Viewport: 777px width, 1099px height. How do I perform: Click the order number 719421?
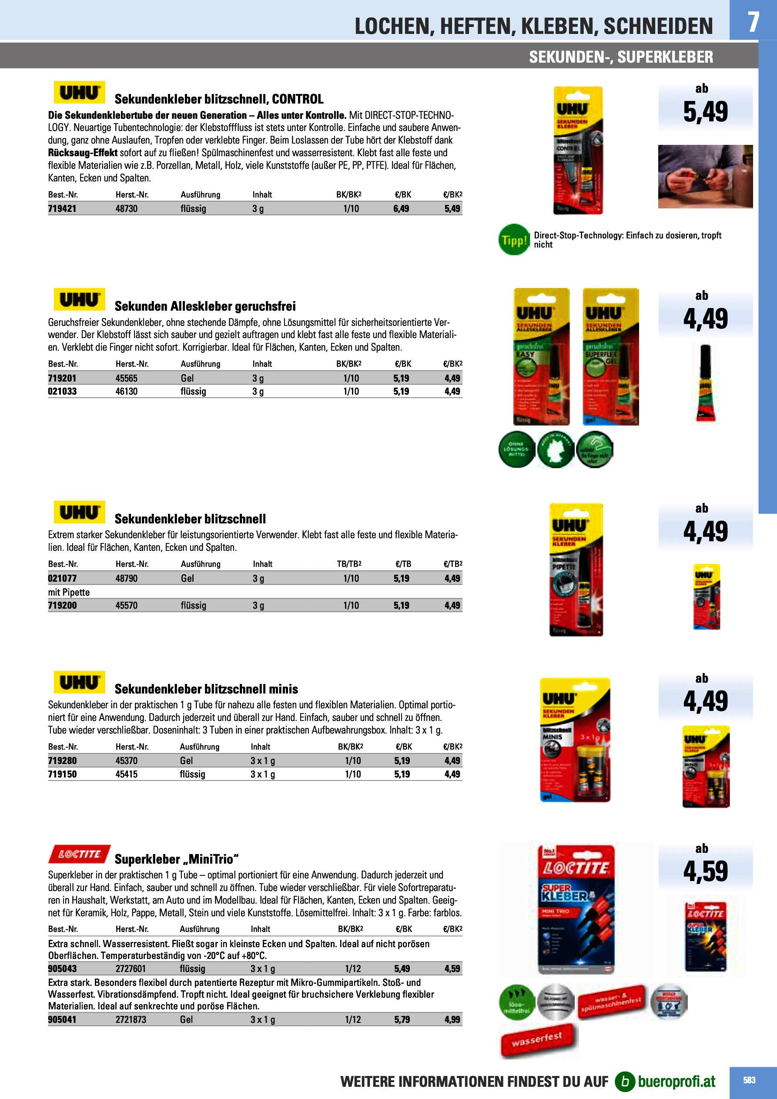(62, 209)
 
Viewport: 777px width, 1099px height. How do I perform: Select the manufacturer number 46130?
(127, 392)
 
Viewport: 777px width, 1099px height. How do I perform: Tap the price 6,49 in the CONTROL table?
(401, 209)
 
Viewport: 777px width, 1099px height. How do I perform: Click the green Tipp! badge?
(514, 240)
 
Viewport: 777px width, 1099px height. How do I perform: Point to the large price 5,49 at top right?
(705, 112)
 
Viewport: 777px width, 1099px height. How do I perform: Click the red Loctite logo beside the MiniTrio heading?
(80, 854)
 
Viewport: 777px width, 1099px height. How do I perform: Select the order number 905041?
(62, 1019)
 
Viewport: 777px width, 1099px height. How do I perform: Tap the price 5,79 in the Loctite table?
(402, 1019)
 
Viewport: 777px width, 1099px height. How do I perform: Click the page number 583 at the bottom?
(749, 1080)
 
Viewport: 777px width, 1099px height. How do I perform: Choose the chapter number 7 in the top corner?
(753, 22)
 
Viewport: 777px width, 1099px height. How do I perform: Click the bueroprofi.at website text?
(677, 1081)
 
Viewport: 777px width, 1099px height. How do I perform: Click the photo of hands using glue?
(705, 176)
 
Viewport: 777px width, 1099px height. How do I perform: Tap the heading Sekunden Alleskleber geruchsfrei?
(205, 306)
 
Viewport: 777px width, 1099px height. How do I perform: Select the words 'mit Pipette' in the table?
(69, 592)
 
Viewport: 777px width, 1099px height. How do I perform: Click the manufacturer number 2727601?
(130, 969)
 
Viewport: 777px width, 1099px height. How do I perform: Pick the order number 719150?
(62, 774)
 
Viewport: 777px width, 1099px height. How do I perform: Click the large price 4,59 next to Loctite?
(705, 871)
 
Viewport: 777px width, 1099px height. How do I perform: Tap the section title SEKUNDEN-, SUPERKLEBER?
(620, 57)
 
